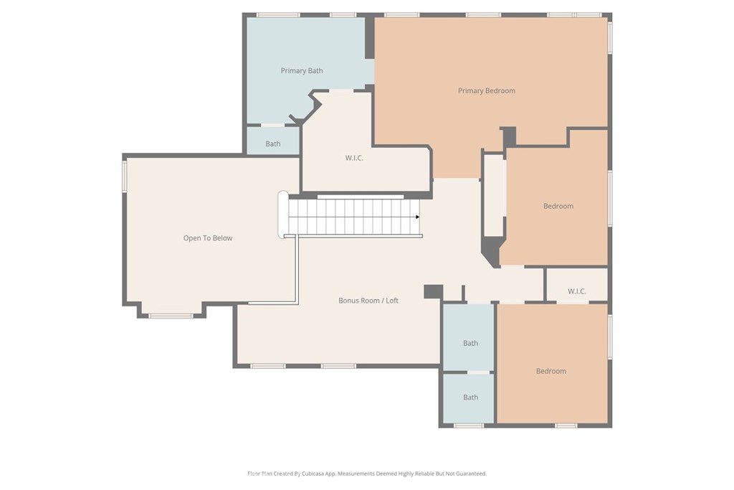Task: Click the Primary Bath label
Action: pos(301,71)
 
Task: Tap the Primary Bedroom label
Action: pos(486,91)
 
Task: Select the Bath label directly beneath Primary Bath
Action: pos(273,144)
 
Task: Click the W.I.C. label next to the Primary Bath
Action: pos(354,158)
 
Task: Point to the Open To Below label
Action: pos(208,238)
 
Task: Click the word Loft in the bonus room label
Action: pos(392,301)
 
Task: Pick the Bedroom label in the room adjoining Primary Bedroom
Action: pos(558,207)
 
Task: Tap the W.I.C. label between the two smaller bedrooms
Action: pos(576,291)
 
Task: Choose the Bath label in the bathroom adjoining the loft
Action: pos(470,343)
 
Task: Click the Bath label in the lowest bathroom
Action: pos(470,397)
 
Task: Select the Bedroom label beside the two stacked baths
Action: pos(550,371)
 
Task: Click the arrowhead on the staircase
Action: pos(416,217)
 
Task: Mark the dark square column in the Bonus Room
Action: pos(433,291)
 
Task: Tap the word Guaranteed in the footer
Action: pos(470,473)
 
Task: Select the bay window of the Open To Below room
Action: pos(171,314)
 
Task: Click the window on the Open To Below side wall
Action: pos(125,176)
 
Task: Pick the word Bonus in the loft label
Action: pos(350,301)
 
